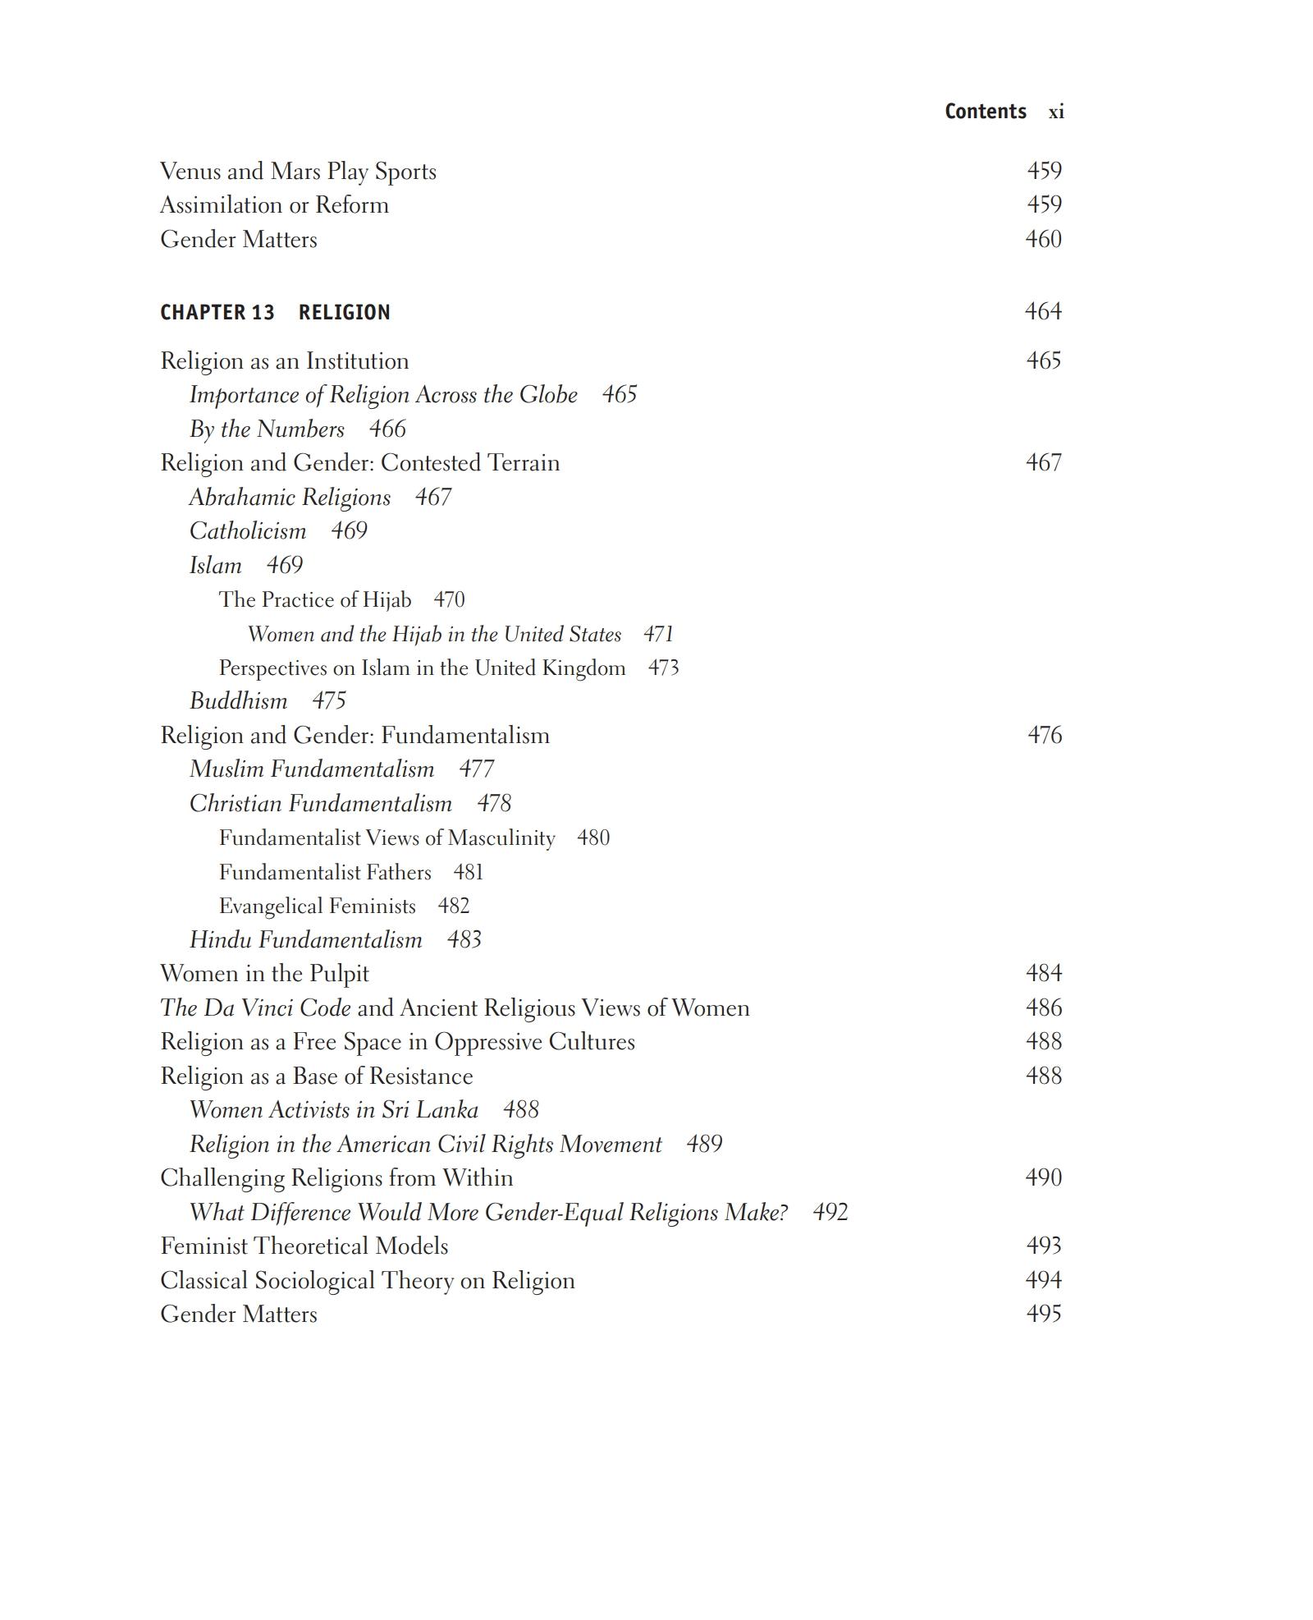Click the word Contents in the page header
click(x=985, y=112)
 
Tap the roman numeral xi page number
click(x=1056, y=112)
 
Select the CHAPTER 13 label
click(x=217, y=313)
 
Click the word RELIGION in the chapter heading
click(x=344, y=313)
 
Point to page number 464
click(x=1043, y=311)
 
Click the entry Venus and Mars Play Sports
click(x=298, y=172)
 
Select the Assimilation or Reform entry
click(x=274, y=205)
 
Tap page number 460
click(x=1043, y=239)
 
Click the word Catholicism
click(x=248, y=531)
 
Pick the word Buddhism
click(x=238, y=701)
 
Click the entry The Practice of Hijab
click(x=315, y=600)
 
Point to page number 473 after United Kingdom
click(x=663, y=668)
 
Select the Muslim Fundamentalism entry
click(x=312, y=769)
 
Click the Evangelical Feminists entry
click(x=318, y=906)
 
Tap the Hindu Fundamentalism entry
click(x=306, y=940)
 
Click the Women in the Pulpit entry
click(x=264, y=974)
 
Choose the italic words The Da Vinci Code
click(x=255, y=1008)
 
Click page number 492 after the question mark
click(x=830, y=1213)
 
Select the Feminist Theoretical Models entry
click(x=304, y=1246)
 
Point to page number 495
click(x=1044, y=1314)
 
